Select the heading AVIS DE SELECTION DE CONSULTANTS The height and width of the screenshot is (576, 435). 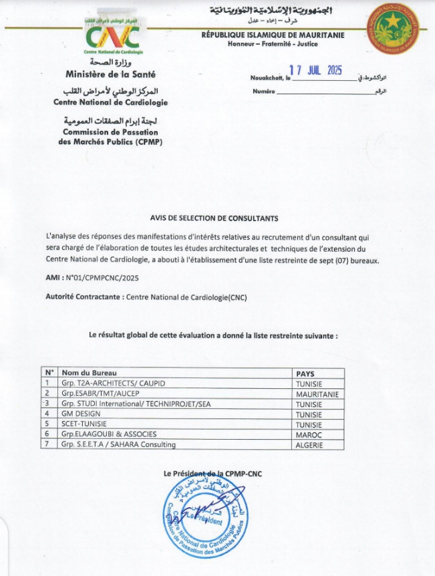(214, 219)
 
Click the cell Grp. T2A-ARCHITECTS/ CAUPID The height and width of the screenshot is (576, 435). (113, 384)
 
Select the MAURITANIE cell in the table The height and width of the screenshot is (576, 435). (317, 394)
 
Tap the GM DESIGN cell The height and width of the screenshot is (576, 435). (82, 414)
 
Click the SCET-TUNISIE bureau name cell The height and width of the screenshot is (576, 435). (84, 424)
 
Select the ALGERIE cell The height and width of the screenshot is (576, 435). (309, 444)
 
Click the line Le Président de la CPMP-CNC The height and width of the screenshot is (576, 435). (213, 474)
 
